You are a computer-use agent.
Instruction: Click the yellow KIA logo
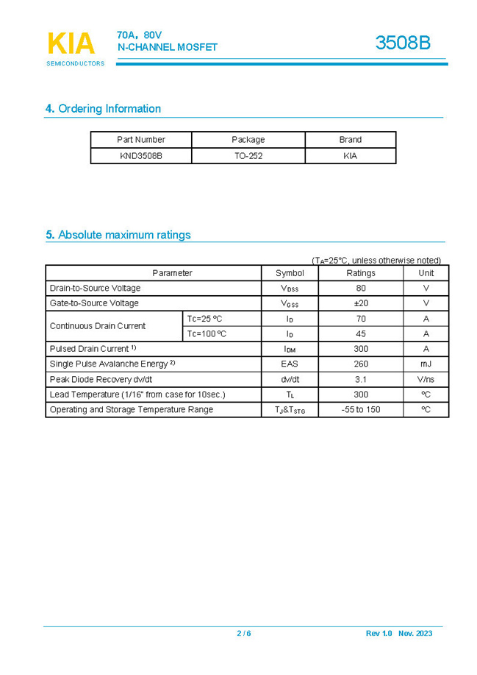coord(71,44)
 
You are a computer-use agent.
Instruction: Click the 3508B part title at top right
coord(403,43)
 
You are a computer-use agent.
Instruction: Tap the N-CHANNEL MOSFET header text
coord(168,48)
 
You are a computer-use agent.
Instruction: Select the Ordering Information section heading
coord(103,109)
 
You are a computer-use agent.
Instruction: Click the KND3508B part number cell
coord(140,156)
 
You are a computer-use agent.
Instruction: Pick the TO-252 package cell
coord(248,156)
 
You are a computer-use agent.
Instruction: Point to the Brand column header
coord(350,140)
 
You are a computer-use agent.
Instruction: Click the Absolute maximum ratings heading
coord(118,236)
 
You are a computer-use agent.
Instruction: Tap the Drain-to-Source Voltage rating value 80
coord(360,289)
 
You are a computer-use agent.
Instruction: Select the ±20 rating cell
coord(360,303)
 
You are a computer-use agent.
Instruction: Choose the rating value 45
coord(360,334)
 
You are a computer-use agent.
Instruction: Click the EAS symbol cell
coord(290,364)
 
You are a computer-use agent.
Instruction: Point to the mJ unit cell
coord(426,364)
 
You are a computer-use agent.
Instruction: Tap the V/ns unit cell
coord(426,380)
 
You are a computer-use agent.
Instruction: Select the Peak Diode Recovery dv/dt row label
coord(101,380)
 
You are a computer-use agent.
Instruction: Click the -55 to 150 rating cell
coord(360,410)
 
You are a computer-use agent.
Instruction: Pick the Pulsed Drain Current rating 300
coord(360,350)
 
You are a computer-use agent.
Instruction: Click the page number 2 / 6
coord(243,634)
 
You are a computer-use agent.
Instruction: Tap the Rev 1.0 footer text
coord(379,634)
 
